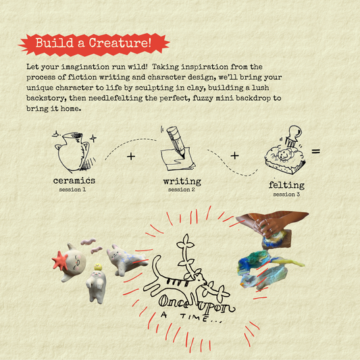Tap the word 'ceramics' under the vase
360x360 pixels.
[x=74, y=180]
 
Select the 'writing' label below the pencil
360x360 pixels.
[x=182, y=182]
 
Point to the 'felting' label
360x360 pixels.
[x=287, y=185]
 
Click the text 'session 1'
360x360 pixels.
[x=72, y=190]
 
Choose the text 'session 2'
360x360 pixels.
[x=182, y=190]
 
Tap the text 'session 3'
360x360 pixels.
[x=286, y=195]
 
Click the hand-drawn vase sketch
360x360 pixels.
[x=74, y=151]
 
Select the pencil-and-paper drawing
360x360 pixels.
[x=178, y=149]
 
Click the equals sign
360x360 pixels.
[x=315, y=151]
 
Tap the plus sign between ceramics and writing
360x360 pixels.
[x=131, y=156]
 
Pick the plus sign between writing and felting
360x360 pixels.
[x=234, y=155]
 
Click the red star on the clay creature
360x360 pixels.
[x=59, y=261]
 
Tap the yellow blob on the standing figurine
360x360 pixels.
[x=98, y=267]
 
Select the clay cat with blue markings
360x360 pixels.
[x=126, y=259]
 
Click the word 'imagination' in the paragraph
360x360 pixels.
[x=85, y=67]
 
